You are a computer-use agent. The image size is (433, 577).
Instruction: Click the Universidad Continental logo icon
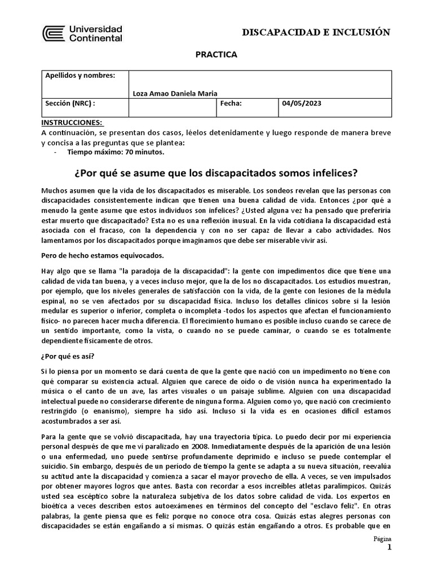coord(54,34)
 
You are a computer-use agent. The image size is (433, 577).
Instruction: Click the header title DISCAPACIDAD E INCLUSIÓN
coord(316,32)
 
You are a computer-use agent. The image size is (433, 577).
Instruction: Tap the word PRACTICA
coord(216,55)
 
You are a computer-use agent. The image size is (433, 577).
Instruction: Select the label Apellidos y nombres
coord(79,76)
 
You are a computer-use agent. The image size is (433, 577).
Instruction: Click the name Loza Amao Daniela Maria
coord(175,93)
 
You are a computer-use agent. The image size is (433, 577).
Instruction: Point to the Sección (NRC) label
coord(70,104)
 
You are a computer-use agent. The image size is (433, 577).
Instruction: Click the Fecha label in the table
coord(231,104)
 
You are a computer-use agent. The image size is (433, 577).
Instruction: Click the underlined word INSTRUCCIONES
coord(72,122)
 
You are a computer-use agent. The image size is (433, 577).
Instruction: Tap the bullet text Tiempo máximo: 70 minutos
coord(116,152)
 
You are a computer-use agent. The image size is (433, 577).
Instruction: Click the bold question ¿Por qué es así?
coord(68,356)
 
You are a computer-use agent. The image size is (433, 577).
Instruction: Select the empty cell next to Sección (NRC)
coord(173,107)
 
